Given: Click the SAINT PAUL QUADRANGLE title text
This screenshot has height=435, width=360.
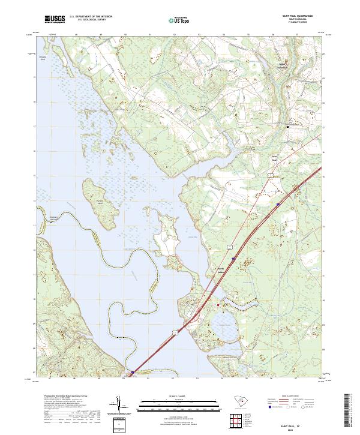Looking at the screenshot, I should (x=296, y=16).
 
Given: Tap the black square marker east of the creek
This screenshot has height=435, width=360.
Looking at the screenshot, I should (x=287, y=127).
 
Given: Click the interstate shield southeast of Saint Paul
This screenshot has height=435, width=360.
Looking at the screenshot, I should (x=278, y=205).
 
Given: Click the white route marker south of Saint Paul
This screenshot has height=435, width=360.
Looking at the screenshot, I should (x=271, y=174).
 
